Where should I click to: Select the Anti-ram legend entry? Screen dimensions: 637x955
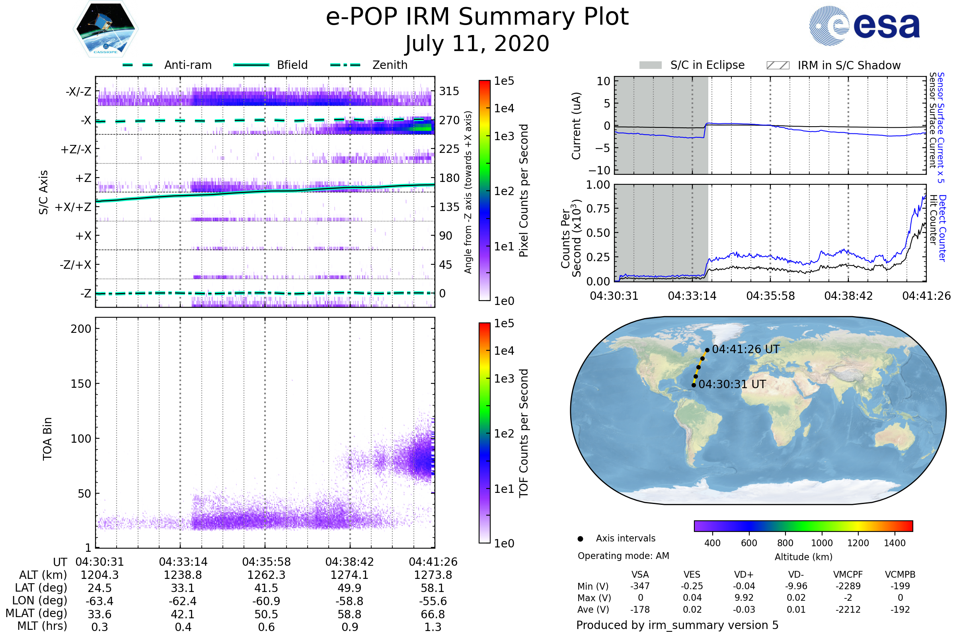pos(187,65)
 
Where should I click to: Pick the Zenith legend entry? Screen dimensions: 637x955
pos(390,65)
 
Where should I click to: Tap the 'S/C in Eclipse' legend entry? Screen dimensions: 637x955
pos(707,65)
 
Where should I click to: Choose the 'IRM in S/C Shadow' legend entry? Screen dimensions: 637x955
pos(849,65)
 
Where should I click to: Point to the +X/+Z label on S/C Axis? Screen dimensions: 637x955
pos(73,207)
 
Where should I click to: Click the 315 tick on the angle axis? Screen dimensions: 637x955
pos(449,92)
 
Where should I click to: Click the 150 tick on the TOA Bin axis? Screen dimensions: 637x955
pos(81,384)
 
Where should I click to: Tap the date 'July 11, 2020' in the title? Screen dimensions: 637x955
pos(477,44)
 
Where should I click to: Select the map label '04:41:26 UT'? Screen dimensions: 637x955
pos(745,350)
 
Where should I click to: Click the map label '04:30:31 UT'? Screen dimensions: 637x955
pos(732,384)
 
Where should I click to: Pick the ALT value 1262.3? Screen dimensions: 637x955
pos(266,575)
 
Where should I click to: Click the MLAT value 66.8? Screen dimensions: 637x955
pos(433,614)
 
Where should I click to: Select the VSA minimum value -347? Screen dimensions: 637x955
pos(640,586)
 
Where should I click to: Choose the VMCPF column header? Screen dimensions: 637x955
pos(848,575)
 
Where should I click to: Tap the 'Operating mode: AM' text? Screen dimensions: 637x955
pos(623,556)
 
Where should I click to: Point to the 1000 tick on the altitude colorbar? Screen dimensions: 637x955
pos(821,543)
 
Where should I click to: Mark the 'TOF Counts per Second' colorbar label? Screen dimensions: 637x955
pos(524,433)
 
